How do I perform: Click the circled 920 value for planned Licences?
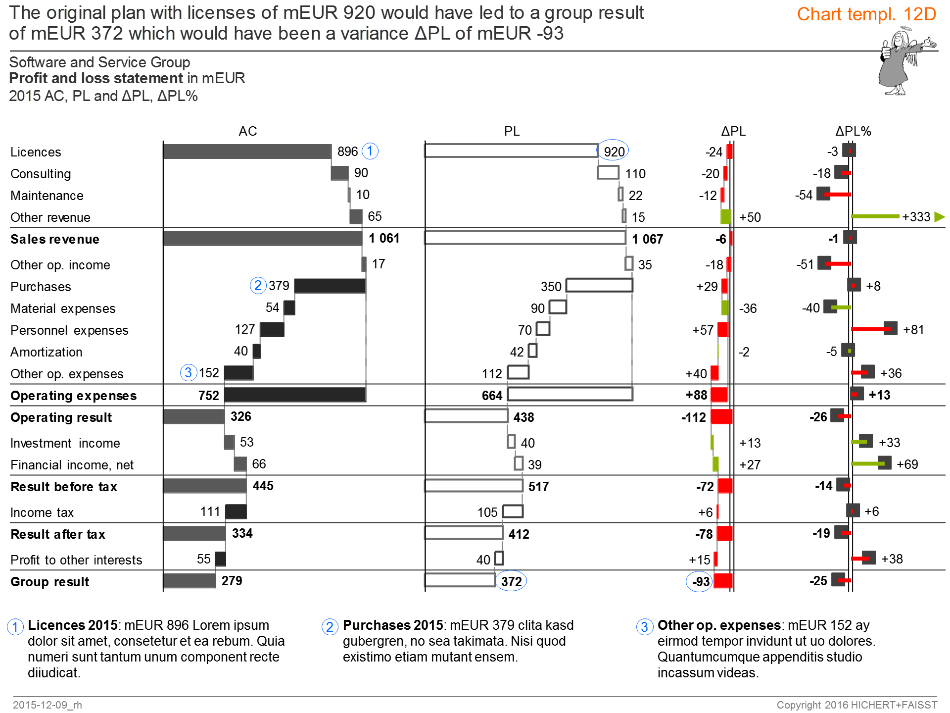pyautogui.click(x=614, y=152)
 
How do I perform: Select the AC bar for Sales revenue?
pyautogui.click(x=262, y=238)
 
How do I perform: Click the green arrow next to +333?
pyautogui.click(x=940, y=217)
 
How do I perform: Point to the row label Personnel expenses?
pyautogui.click(x=69, y=330)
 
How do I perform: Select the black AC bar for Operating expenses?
pyautogui.click(x=295, y=395)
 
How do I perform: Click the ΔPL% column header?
pyautogui.click(x=853, y=131)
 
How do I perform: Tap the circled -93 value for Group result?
pyautogui.click(x=700, y=582)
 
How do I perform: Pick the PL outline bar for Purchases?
pyautogui.click(x=599, y=285)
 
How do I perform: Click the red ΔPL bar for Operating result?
pyautogui.click(x=721, y=417)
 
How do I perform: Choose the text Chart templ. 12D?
pyautogui.click(x=866, y=14)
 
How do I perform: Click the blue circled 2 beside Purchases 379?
pyautogui.click(x=258, y=286)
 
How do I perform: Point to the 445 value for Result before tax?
pyautogui.click(x=263, y=486)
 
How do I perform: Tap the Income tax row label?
pyautogui.click(x=42, y=512)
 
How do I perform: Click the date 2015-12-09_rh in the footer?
pyautogui.click(x=47, y=705)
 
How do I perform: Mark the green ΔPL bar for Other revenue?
pyautogui.click(x=726, y=217)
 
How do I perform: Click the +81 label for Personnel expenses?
pyautogui.click(x=913, y=330)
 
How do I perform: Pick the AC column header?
pyautogui.click(x=247, y=131)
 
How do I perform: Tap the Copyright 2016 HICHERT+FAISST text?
pyautogui.click(x=856, y=705)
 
